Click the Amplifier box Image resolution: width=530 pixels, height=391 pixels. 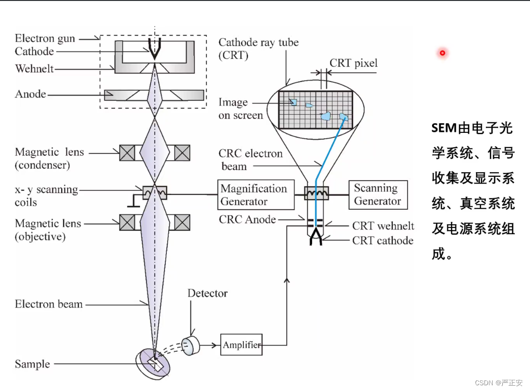pyautogui.click(x=241, y=345)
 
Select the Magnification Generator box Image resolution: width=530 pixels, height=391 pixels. pyautogui.click(x=256, y=195)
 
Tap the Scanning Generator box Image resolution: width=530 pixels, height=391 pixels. pyautogui.click(x=378, y=195)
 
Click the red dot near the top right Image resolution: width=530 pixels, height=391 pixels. pyautogui.click(x=443, y=53)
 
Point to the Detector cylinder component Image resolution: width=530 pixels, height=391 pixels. pyautogui.click(x=190, y=345)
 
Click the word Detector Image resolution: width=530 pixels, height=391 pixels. pyautogui.click(x=207, y=293)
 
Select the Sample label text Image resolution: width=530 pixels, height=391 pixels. pyautogui.click(x=32, y=364)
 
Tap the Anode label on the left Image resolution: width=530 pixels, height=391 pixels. pyautogui.click(x=31, y=94)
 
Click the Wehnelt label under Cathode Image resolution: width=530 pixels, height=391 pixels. pyautogui.click(x=34, y=69)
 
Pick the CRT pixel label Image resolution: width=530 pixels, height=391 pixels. pyautogui.click(x=354, y=64)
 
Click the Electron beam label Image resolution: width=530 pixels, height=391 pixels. pyautogui.click(x=49, y=304)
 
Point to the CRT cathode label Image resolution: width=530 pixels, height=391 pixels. pyautogui.click(x=383, y=240)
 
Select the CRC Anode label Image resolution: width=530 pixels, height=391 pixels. pyautogui.click(x=247, y=219)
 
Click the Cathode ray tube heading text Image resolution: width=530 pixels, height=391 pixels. pyautogui.click(x=259, y=43)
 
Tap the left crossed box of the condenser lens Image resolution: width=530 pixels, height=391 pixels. pyautogui.click(x=127, y=152)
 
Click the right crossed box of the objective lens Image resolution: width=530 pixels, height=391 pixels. pyautogui.click(x=182, y=222)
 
